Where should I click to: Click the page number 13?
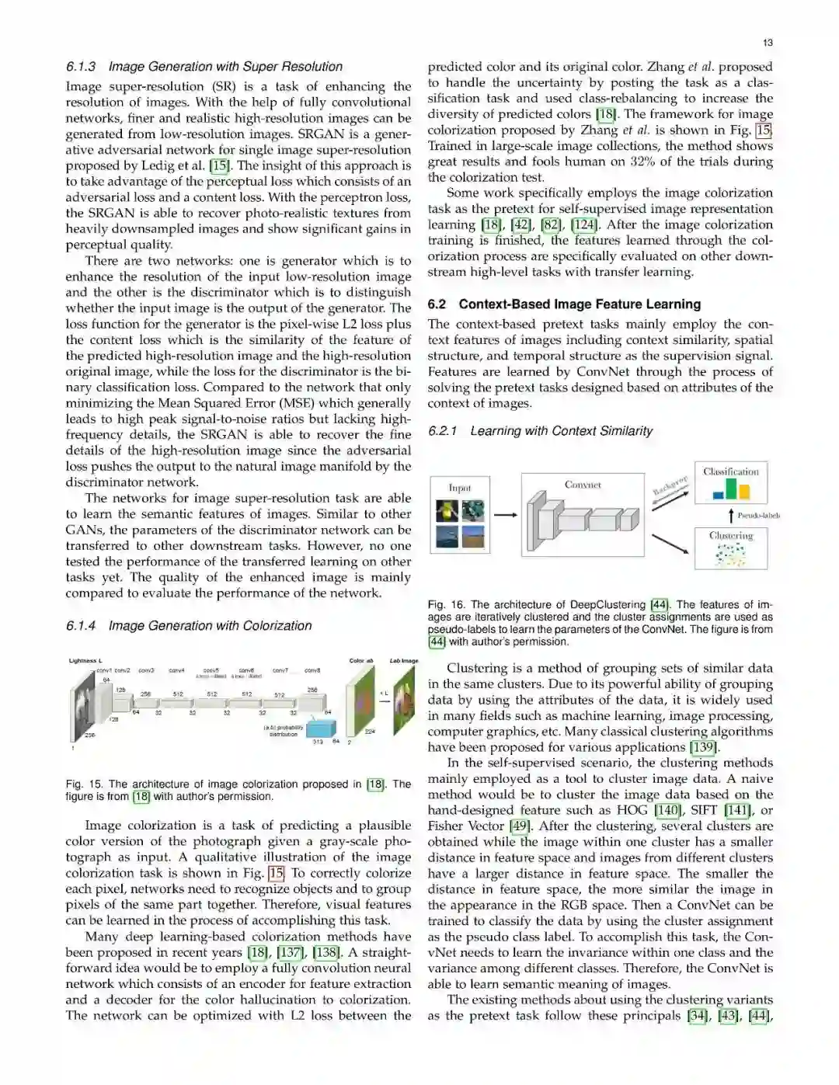[768, 43]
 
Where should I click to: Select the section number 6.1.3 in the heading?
[81, 67]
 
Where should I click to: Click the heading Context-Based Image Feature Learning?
[580, 304]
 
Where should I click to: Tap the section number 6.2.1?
[442, 431]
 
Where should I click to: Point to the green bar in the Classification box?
[731, 489]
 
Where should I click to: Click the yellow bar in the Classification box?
[744, 492]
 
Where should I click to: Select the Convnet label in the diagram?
[583, 485]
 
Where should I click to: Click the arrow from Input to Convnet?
[506, 514]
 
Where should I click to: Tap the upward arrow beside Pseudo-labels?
[731, 515]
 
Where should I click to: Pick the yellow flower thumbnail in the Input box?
[447, 510]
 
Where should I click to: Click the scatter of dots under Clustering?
[730, 554]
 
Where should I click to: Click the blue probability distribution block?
[321, 728]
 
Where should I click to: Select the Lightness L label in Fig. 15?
[85, 661]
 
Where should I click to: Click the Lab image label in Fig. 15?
[404, 661]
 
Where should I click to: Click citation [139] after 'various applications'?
[703, 747]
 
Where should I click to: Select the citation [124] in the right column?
[584, 225]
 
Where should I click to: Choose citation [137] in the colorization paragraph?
[291, 953]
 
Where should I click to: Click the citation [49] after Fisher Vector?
[519, 826]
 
